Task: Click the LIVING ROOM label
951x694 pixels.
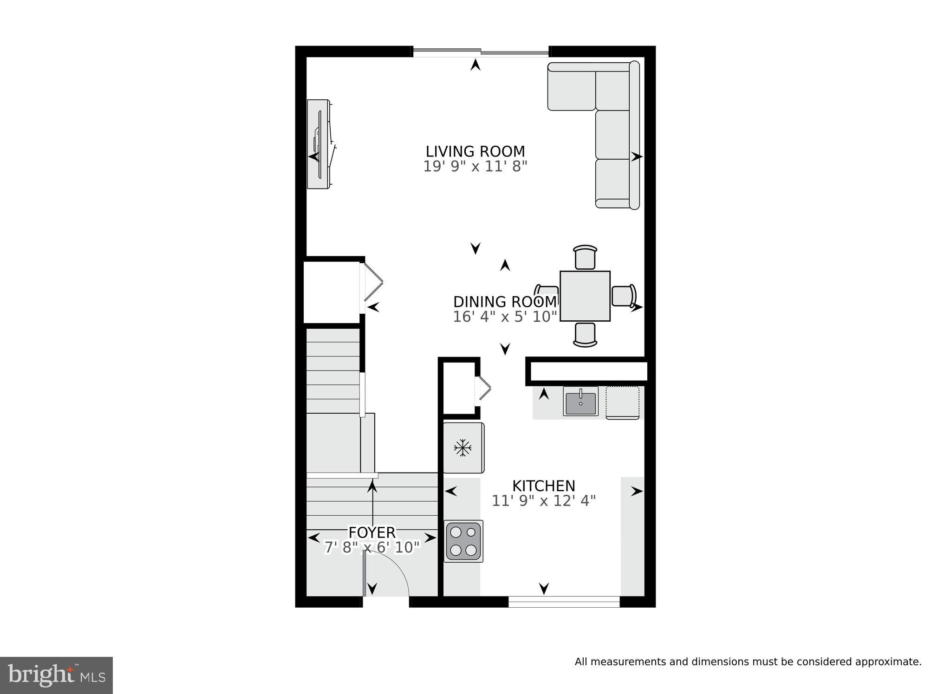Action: coord(475,152)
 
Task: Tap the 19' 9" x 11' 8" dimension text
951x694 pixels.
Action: coord(475,167)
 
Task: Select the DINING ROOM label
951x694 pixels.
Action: coord(505,302)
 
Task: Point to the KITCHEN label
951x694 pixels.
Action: coord(543,486)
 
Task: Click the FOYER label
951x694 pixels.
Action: coord(372,532)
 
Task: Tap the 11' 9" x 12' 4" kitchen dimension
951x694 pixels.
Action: coord(543,501)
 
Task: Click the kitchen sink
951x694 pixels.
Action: coord(580,401)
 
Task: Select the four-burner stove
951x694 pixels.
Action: coord(463,541)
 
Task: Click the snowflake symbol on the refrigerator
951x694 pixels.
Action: coord(462,448)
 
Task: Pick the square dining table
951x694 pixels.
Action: coord(585,296)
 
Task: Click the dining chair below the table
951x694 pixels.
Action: coord(585,335)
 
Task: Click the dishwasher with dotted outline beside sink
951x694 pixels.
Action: coord(622,402)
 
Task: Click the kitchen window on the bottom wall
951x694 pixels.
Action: coord(564,602)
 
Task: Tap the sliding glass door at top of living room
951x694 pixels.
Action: coord(481,52)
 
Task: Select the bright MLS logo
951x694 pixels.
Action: coord(56,675)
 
